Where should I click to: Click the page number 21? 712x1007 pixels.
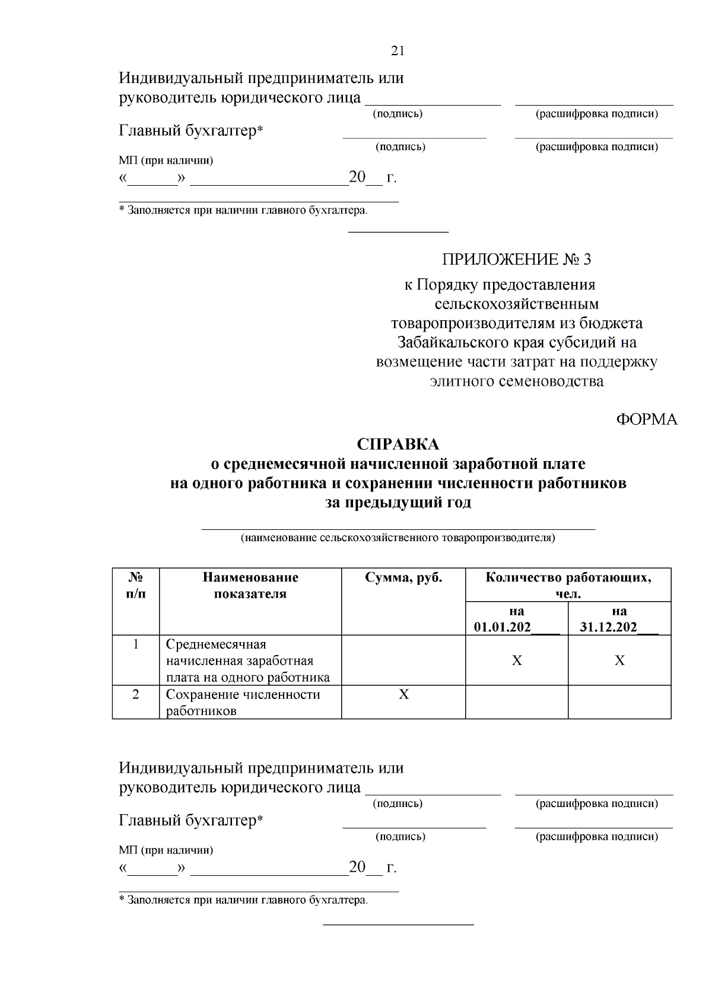click(x=398, y=51)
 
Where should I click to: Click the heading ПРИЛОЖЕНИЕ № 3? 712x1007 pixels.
click(x=516, y=259)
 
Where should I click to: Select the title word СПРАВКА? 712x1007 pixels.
click(x=398, y=444)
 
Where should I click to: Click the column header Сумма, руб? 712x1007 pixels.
click(x=403, y=578)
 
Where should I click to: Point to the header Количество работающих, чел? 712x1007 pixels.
click(x=568, y=585)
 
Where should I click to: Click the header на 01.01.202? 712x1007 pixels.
click(x=516, y=619)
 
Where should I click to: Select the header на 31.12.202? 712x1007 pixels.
click(x=619, y=619)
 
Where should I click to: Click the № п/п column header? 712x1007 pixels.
click(x=136, y=585)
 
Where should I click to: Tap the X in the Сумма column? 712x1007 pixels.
click(x=403, y=694)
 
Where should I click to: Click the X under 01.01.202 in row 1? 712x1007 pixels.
click(x=517, y=660)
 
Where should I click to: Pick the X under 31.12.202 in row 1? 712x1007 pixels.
click(x=619, y=660)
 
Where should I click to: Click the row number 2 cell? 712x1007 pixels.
click(x=136, y=694)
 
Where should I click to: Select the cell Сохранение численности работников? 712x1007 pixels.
click(x=243, y=703)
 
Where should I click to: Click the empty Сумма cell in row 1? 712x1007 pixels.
click(x=403, y=660)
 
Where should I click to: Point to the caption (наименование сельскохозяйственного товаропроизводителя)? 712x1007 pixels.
click(x=398, y=538)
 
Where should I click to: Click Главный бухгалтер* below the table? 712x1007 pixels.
click(x=191, y=821)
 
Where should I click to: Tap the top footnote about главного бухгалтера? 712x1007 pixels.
click(x=243, y=210)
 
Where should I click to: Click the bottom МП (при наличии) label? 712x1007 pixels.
click(x=166, y=850)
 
